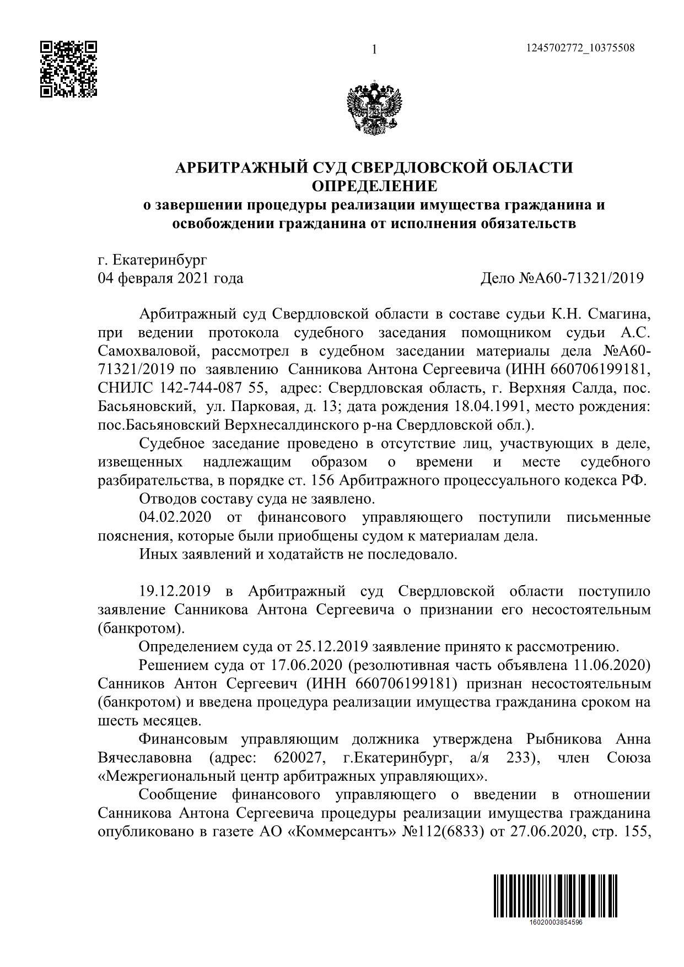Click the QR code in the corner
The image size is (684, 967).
click(69, 69)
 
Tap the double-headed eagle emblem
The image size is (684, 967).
click(374, 107)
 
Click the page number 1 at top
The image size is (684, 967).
click(375, 50)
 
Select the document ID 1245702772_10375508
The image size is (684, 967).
click(580, 48)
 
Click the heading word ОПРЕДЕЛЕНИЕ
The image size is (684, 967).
click(374, 186)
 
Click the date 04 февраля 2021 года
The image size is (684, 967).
click(170, 278)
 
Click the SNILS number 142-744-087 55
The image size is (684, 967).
click(212, 388)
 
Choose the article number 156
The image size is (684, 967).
click(322, 480)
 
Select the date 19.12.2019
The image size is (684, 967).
click(175, 591)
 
